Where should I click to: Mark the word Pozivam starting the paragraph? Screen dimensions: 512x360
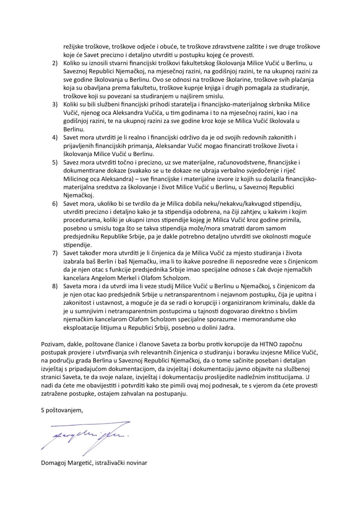tap(51, 344)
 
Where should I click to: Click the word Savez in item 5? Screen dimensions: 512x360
tap(70, 163)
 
